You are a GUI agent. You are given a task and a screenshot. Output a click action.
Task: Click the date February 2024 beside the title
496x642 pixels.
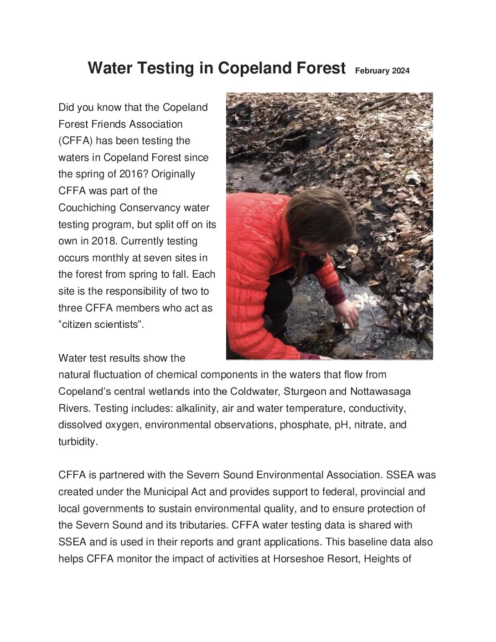382,71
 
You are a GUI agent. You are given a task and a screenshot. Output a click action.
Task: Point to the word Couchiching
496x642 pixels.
87,207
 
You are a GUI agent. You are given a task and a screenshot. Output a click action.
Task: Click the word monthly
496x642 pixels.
111,258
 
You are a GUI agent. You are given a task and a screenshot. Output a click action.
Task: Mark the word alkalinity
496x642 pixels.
197,408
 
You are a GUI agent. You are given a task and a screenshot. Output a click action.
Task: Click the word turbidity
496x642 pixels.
77,441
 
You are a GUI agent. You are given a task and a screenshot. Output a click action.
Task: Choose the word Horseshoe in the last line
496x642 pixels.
299,559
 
